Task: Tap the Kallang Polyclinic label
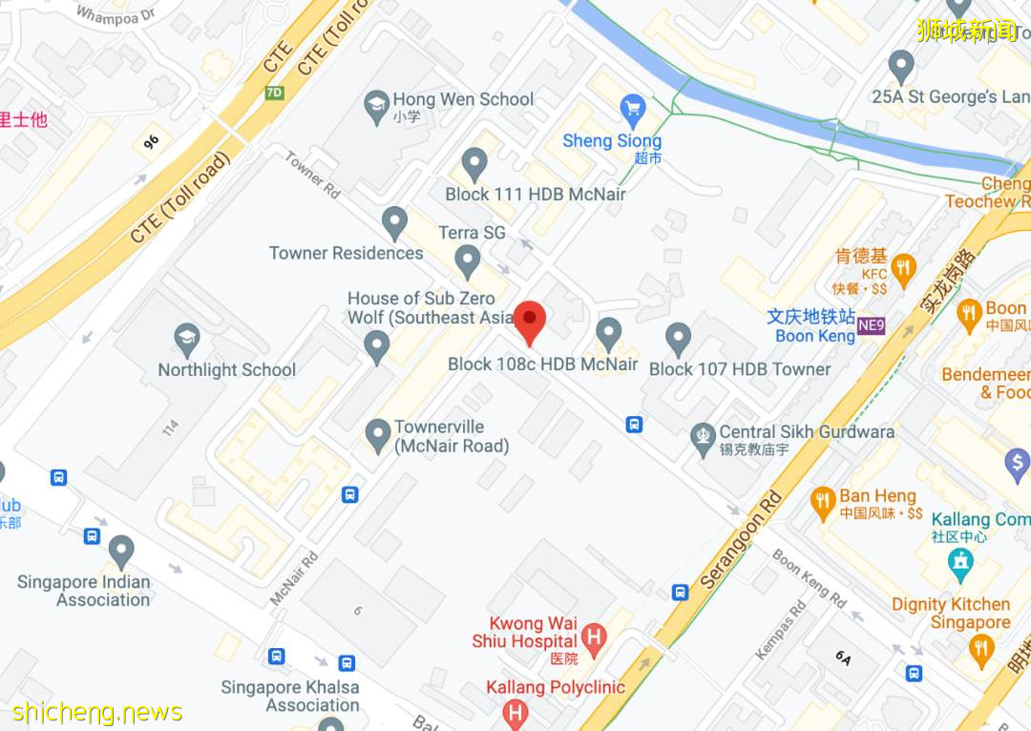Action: (556, 687)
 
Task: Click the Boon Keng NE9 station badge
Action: (871, 326)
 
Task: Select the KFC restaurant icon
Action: (903, 268)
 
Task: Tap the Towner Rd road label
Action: (312, 174)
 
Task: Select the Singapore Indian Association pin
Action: (120, 552)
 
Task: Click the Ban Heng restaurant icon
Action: (823, 500)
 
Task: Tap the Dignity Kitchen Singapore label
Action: (951, 613)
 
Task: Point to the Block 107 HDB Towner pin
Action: (678, 339)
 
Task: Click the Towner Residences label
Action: (346, 253)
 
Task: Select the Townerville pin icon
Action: (378, 434)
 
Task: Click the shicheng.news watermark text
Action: (97, 712)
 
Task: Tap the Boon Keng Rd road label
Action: (810, 578)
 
